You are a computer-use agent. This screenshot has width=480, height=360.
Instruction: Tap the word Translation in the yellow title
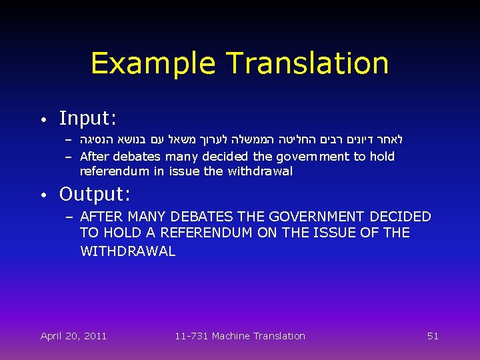point(307,63)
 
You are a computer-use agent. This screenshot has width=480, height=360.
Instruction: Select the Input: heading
point(88,119)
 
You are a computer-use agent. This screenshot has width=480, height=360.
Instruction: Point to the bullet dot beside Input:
point(43,120)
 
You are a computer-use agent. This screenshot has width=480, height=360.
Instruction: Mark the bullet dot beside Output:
point(43,195)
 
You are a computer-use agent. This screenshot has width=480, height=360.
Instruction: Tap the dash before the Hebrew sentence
point(69,141)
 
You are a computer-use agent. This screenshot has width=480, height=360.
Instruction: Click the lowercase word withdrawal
point(260,171)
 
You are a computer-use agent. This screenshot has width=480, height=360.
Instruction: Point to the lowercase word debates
point(137,157)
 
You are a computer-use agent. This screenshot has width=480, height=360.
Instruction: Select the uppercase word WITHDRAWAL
point(127,251)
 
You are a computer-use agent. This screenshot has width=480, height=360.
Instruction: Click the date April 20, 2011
point(73,336)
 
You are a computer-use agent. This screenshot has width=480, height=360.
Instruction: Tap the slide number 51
point(433,336)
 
